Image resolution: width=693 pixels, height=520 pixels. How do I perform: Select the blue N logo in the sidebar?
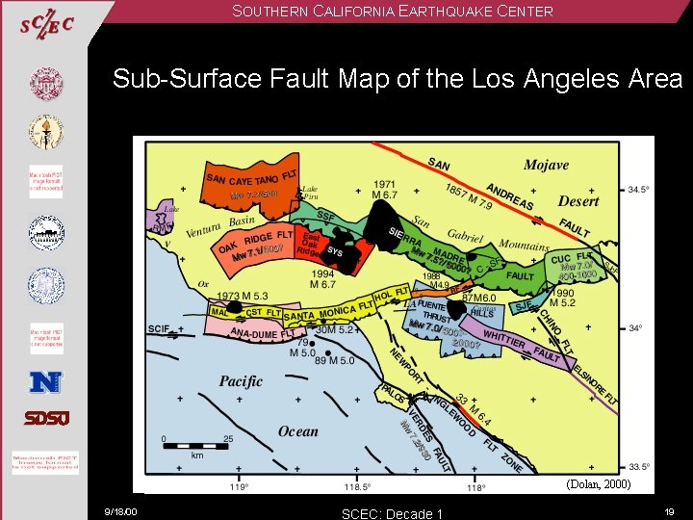pos(45,381)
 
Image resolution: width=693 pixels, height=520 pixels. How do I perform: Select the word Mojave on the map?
pos(546,166)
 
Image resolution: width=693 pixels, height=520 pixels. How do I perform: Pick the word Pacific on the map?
pos(241,381)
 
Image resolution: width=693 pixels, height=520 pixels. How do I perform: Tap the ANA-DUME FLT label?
pos(253,334)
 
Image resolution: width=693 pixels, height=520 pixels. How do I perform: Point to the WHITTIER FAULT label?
pos(521,346)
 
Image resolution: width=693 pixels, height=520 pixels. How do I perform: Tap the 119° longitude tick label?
pos(241,487)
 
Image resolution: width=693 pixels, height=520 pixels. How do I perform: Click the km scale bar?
pos(197,446)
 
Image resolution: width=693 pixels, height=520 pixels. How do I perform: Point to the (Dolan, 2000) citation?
pos(598,485)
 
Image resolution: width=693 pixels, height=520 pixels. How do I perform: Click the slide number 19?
pos(670,511)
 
